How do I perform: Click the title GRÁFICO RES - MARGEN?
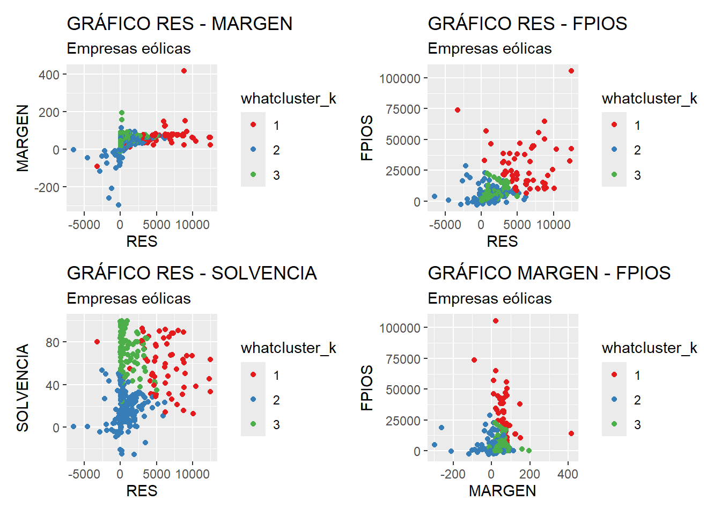pos(180,24)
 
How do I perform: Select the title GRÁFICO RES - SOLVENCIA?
pos(192,273)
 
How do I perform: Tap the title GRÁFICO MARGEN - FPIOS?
pos(549,273)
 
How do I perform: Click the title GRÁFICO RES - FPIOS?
pos(527,24)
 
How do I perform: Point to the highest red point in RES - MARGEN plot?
pos(184,71)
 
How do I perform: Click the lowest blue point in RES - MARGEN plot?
pos(119,205)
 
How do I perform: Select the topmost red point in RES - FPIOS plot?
pos(571,71)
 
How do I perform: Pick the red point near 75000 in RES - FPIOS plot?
pos(458,110)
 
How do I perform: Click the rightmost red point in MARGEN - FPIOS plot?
pos(571,433)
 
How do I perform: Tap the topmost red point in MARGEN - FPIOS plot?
pos(496,321)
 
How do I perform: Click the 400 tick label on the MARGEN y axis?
pos(49,75)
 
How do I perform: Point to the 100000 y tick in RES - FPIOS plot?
pos(400,78)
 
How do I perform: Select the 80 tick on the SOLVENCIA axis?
pos(53,342)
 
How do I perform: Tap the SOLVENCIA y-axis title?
pos(23,388)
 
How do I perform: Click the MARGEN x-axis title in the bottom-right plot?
pos(502,491)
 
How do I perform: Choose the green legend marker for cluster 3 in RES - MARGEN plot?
pos(253,174)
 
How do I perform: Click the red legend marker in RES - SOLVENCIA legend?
pos(253,374)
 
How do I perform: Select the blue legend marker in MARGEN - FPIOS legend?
pos(614,399)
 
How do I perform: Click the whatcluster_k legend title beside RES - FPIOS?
pos(649,98)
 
